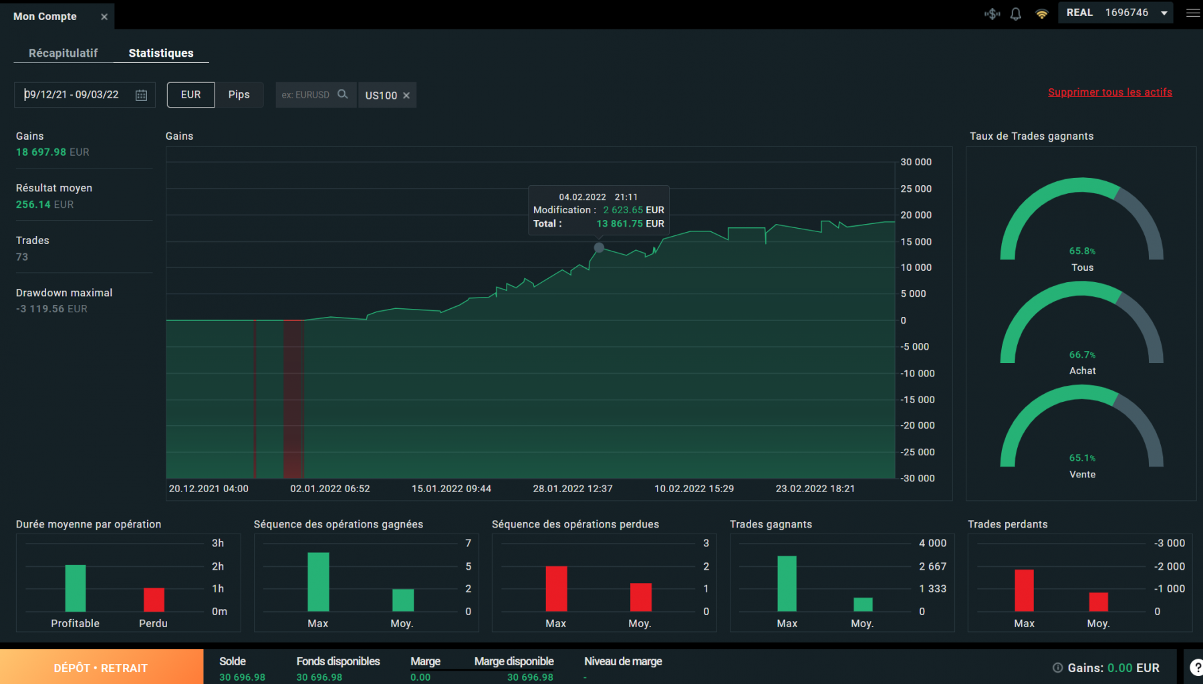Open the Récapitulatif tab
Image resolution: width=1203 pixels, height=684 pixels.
(63, 53)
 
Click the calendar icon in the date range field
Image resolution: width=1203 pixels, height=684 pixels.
(141, 95)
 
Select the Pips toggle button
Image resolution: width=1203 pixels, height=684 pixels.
(239, 95)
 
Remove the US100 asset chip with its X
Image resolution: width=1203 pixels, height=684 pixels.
(406, 96)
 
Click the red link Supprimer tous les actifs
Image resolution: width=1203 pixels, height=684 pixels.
(1109, 92)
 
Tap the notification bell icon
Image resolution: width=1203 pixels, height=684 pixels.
(1016, 14)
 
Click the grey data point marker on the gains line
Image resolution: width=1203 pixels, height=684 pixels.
(599, 248)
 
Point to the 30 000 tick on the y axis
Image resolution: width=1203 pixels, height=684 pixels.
(916, 162)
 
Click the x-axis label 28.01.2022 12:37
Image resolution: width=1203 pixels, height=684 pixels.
(572, 489)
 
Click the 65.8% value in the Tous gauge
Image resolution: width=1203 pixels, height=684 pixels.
(1082, 251)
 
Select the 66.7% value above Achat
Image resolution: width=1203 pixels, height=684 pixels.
(1082, 355)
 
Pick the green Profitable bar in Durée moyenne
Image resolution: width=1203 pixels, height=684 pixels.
(76, 588)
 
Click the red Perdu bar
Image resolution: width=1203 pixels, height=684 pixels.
(154, 599)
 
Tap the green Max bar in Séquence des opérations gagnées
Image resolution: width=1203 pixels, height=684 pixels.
(318, 582)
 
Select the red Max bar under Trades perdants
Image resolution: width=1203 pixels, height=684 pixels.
(1024, 590)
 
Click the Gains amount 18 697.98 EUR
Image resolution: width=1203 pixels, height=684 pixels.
(52, 152)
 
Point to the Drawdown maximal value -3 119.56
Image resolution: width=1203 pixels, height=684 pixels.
(51, 309)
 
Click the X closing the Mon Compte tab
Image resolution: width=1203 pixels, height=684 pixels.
(104, 17)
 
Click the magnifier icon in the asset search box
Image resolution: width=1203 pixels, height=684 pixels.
(343, 94)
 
